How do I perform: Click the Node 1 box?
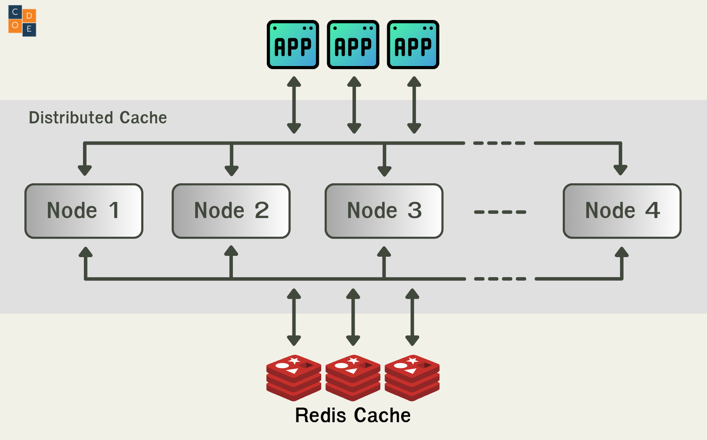84,211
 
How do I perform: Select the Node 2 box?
231,211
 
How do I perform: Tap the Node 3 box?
384,211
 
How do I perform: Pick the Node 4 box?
622,211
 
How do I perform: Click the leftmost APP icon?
293,45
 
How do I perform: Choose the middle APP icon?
353,45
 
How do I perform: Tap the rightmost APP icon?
413,45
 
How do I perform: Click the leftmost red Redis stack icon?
294,377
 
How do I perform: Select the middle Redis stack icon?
353,377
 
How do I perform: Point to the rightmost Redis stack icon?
412,377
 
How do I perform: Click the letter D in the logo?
29,16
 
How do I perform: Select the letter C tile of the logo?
15,12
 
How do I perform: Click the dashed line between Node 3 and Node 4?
500,212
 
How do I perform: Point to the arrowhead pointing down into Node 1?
85,170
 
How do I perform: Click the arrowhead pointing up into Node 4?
622,252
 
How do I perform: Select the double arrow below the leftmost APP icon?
294,105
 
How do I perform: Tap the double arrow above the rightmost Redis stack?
412,317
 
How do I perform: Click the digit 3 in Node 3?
415,211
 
